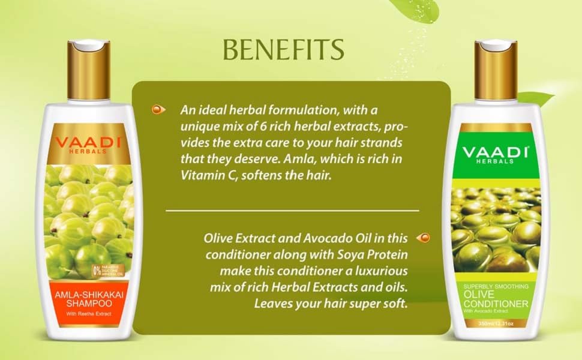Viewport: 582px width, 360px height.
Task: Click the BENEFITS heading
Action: (283, 50)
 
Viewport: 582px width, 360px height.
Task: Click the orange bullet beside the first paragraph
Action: (158, 110)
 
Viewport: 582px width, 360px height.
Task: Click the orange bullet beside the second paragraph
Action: (423, 238)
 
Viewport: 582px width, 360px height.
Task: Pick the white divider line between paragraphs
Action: (292, 211)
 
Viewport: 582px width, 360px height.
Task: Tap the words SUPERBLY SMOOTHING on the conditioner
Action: (492, 285)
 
